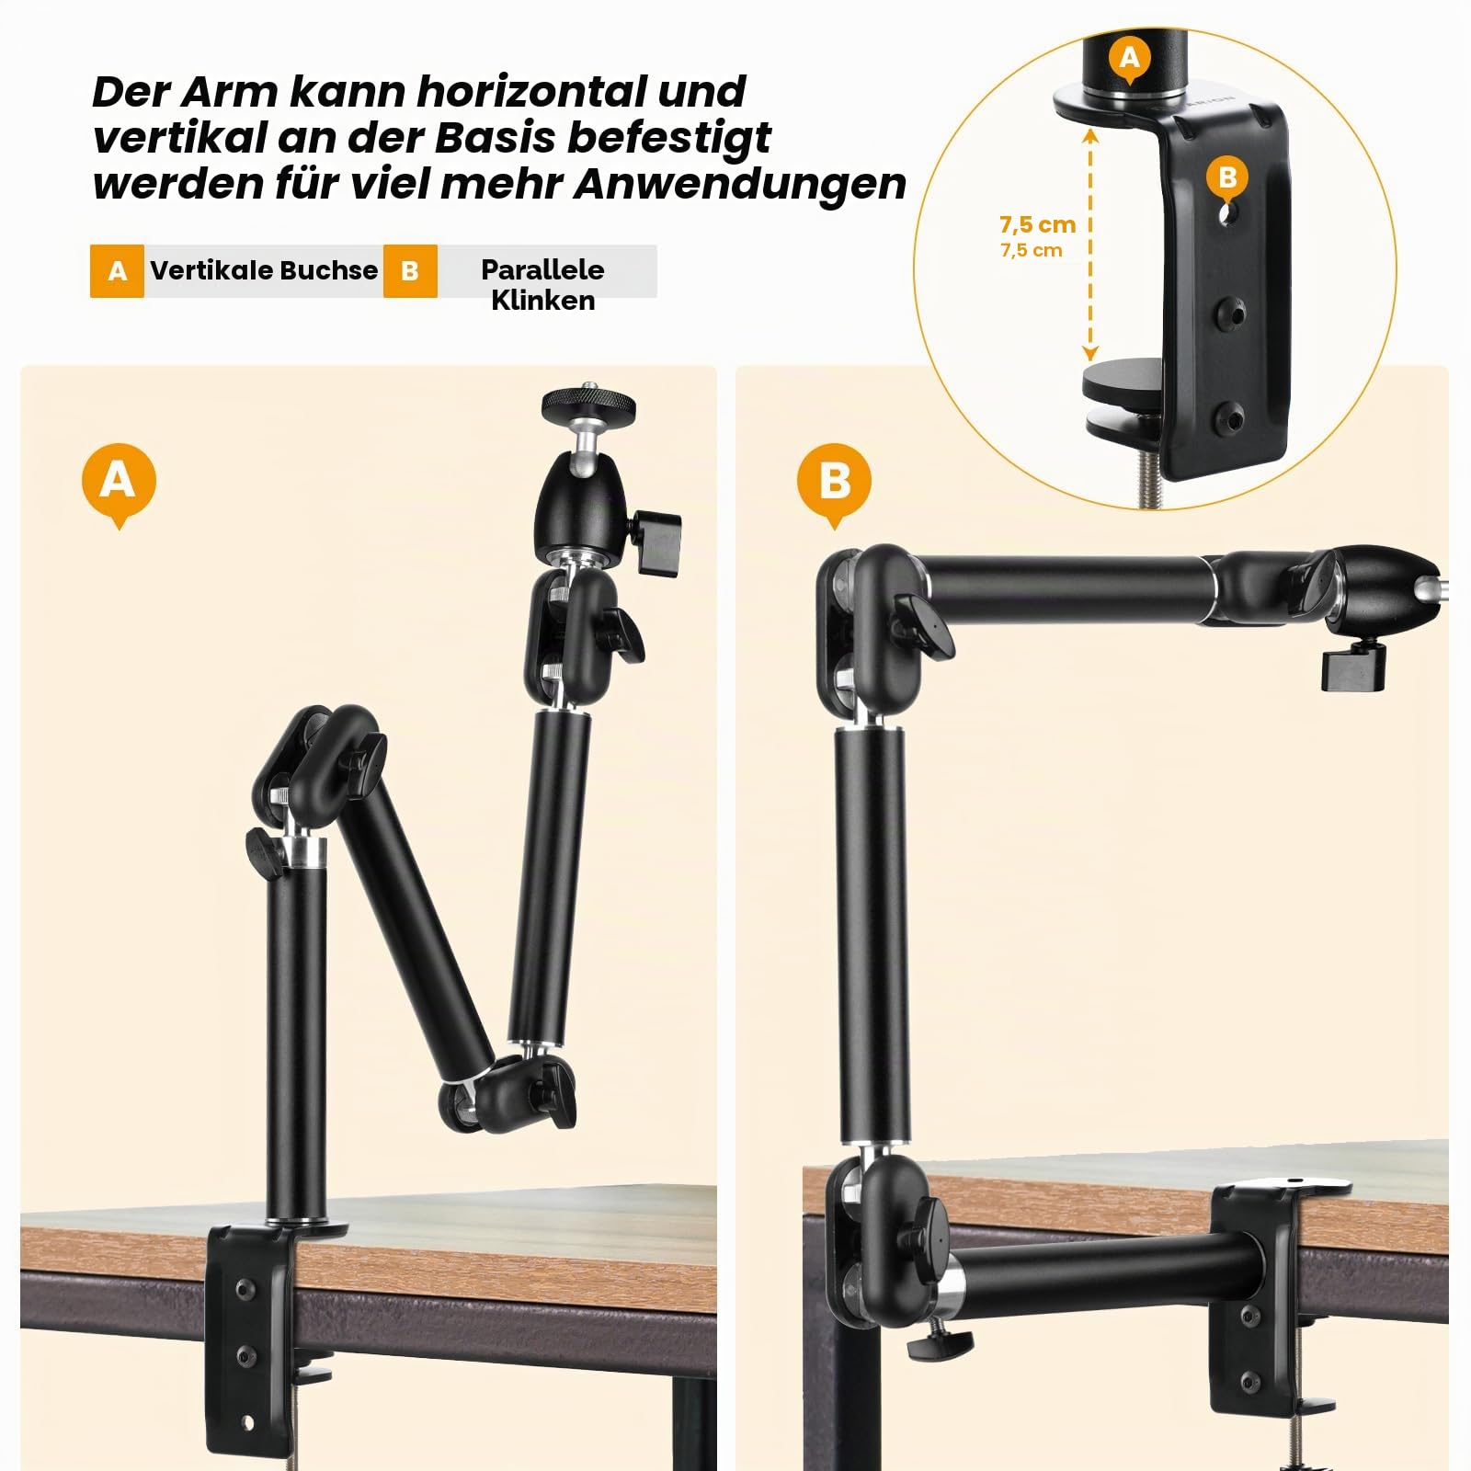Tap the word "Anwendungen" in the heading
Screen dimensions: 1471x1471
pyautogui.click(x=740, y=183)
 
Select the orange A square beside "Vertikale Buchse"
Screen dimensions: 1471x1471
pyautogui.click(x=117, y=271)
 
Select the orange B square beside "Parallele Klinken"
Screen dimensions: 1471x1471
pyautogui.click(x=410, y=271)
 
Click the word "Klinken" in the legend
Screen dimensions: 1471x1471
pyautogui.click(x=542, y=301)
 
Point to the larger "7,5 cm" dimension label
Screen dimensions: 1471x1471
pyautogui.click(x=1037, y=224)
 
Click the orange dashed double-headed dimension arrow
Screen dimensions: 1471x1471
pyautogui.click(x=1090, y=245)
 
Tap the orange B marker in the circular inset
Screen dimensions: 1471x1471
pyautogui.click(x=1227, y=178)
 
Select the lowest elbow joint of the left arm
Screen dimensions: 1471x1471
pyautogui.click(x=506, y=1089)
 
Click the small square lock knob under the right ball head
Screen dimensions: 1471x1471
pyautogui.click(x=1353, y=668)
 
